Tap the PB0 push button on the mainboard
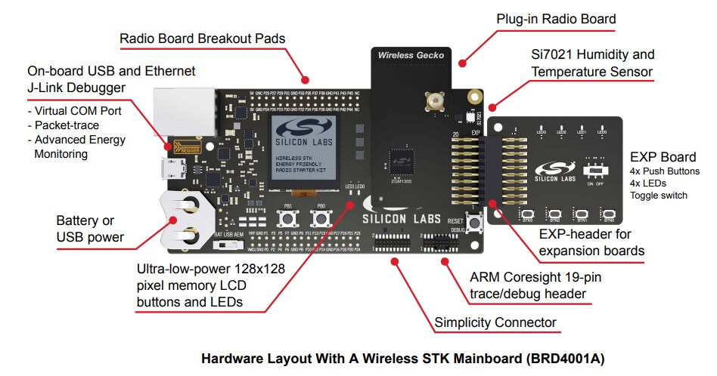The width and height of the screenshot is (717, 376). pos(321,219)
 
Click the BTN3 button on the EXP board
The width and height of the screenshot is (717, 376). pos(527,215)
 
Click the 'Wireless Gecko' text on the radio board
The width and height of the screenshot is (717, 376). pos(411,55)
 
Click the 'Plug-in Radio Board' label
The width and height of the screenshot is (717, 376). pos(556,19)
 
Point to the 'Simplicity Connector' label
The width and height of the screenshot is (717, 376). pos(495,322)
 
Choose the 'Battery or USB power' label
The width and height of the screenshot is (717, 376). pos(90,229)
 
